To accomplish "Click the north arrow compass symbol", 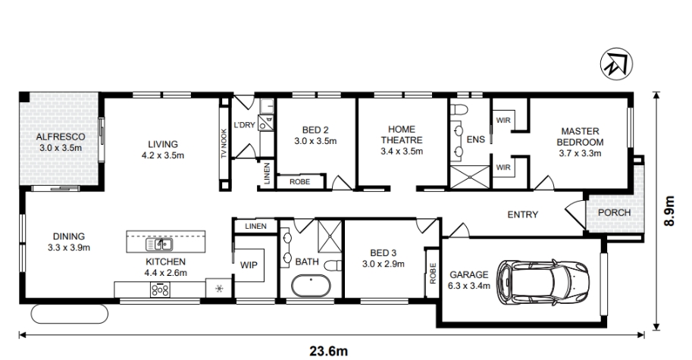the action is [x=616, y=64].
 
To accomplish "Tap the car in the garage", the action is [x=543, y=282].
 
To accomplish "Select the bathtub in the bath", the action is [x=311, y=286].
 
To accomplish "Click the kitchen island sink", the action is [x=159, y=244].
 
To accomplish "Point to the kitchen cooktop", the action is [x=160, y=290].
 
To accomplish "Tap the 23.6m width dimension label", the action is [x=328, y=351].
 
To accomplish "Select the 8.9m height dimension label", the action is [x=669, y=211].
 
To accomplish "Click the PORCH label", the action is [x=615, y=213].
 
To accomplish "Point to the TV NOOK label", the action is [x=224, y=143].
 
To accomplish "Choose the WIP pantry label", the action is [x=249, y=265].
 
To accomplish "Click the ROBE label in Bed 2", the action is [x=299, y=182].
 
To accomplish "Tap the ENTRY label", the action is [x=522, y=214].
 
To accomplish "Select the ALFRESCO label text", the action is [x=61, y=136].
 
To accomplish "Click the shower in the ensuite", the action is [x=470, y=177].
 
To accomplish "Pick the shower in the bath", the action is [x=330, y=236].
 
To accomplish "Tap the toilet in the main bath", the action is [x=333, y=265].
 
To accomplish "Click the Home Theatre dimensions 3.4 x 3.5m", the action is [x=402, y=152].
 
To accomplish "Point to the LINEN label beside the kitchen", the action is [x=255, y=227].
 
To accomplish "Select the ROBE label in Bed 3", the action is [x=432, y=274].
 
